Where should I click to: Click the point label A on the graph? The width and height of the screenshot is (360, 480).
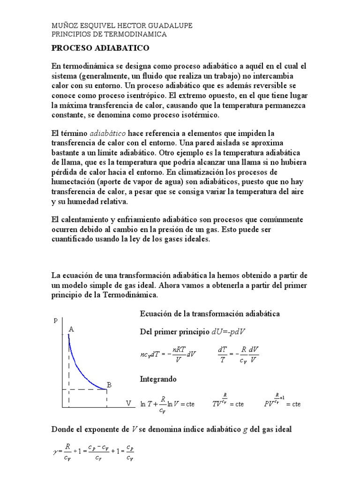71,329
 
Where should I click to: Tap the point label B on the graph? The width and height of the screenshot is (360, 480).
109,385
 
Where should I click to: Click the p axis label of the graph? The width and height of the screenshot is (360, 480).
56,320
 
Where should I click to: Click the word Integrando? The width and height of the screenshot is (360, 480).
158,378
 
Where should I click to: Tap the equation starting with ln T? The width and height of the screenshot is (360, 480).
167,404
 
